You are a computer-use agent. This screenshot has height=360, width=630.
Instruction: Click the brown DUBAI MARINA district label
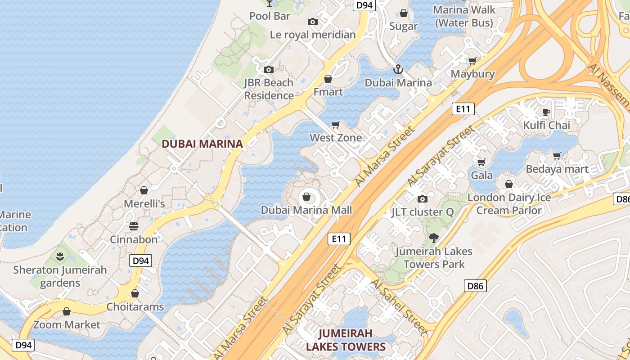(202, 144)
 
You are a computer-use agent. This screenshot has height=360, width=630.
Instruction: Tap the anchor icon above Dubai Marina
(398, 70)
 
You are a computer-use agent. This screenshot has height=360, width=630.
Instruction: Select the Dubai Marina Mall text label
(306, 210)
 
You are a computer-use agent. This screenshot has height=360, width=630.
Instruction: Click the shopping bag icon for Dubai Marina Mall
(306, 197)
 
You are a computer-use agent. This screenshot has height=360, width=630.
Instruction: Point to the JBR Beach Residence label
(269, 89)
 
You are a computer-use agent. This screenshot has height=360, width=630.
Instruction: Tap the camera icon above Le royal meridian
(313, 22)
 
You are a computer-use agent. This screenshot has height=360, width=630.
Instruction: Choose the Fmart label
(328, 92)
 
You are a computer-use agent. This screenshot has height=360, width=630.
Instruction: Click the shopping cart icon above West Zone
(335, 125)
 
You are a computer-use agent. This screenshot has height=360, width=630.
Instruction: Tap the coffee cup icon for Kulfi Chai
(546, 112)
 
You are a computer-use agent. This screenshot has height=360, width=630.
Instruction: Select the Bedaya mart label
(557, 169)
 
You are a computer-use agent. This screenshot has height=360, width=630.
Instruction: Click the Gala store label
(482, 175)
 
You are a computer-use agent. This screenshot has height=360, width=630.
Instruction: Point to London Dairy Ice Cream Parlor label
(509, 204)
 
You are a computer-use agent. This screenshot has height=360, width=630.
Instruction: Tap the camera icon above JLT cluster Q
(422, 199)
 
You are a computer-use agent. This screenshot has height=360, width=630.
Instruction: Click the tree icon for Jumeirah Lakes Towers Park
(434, 238)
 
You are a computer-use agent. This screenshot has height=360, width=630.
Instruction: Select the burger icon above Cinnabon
(134, 226)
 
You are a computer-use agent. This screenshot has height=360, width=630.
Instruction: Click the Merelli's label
(144, 204)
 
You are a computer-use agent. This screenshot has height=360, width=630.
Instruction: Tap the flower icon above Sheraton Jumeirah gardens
(60, 256)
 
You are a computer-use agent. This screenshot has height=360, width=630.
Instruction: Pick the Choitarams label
(135, 307)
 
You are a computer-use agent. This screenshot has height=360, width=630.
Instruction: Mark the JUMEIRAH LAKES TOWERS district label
(346, 340)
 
